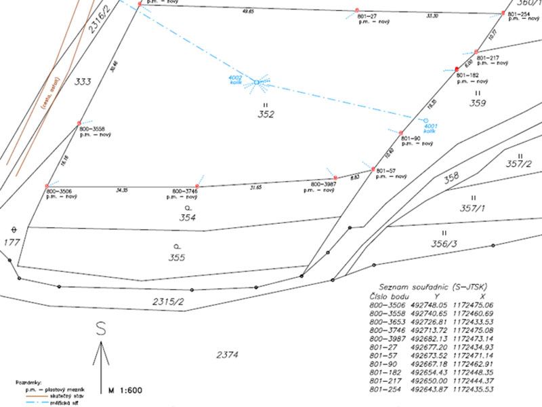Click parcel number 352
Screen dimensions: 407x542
pos(266,115)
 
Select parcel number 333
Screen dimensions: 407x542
pos(82,81)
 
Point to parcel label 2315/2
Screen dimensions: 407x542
pos(169,301)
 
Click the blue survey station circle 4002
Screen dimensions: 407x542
pos(257,82)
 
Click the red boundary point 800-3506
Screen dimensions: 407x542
pos(47,186)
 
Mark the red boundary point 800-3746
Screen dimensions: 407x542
pos(196,186)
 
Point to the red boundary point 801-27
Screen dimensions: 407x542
pos(357,10)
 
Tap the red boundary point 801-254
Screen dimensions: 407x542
pos(503,13)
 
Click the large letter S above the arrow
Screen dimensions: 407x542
pos(102,329)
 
